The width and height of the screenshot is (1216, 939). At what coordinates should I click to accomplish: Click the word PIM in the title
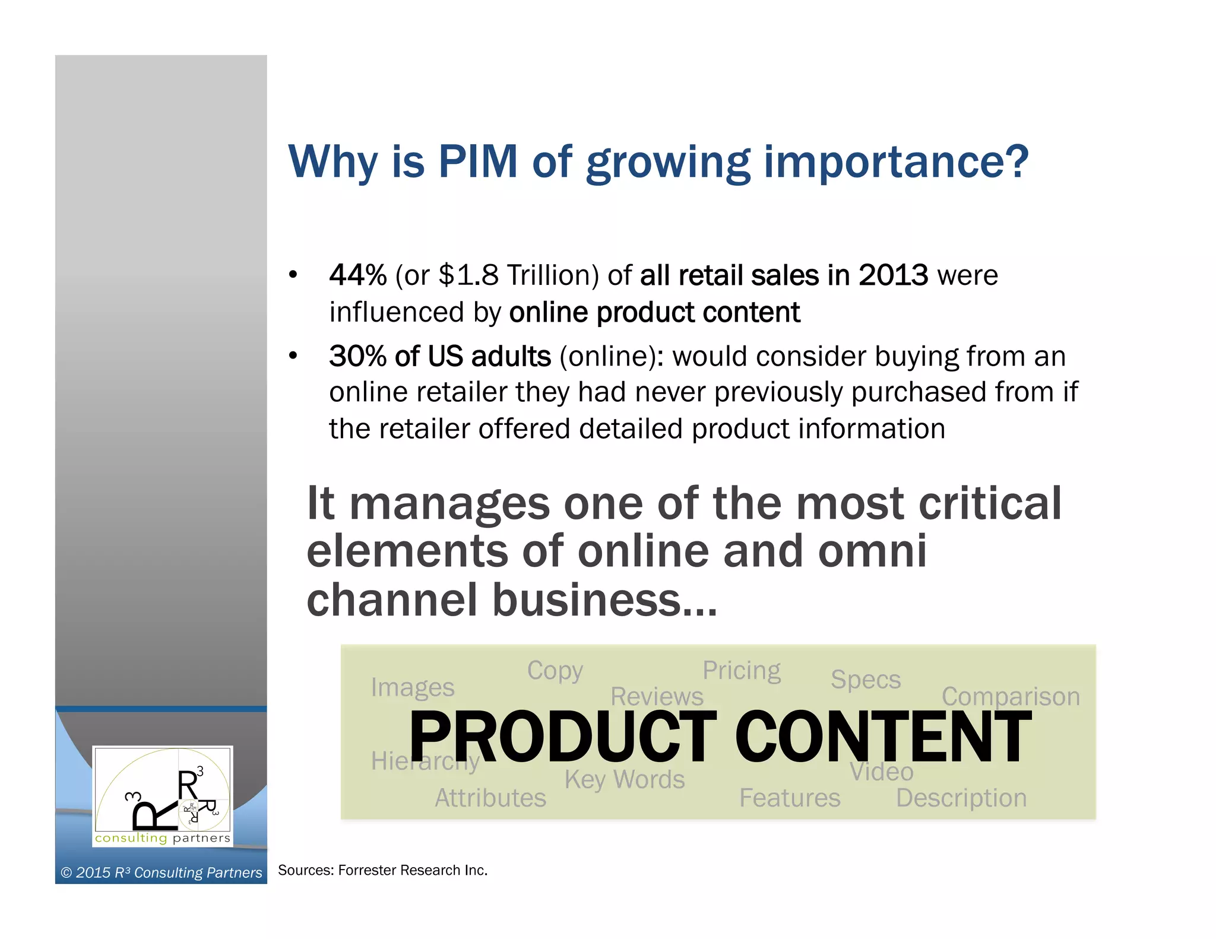[x=478, y=161]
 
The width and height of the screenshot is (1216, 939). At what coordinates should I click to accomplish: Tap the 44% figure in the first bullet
[x=358, y=275]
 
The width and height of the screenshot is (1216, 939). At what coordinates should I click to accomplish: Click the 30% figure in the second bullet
[x=358, y=356]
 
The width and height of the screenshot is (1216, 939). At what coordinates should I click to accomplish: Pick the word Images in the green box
[x=413, y=687]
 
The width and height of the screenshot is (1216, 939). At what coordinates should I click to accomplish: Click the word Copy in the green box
[x=555, y=671]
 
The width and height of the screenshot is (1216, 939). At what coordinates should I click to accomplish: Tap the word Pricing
[x=742, y=671]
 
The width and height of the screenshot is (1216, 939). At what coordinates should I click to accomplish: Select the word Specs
[x=866, y=680]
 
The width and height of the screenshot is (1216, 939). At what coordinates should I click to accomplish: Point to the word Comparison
[x=1011, y=696]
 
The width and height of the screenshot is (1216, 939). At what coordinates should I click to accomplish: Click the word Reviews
[x=657, y=696]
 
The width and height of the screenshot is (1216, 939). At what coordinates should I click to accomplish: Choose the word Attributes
[x=490, y=798]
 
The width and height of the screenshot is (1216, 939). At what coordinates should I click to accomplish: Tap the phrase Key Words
[x=625, y=779]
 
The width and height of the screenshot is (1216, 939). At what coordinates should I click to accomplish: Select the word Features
[x=790, y=798]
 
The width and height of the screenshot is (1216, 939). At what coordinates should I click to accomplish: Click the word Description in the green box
[x=961, y=798]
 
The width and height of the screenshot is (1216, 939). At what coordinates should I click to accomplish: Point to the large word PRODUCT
[x=563, y=737]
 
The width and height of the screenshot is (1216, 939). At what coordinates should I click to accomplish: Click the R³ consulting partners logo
[x=163, y=795]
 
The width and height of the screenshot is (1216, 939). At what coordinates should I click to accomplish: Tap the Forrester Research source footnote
[x=382, y=870]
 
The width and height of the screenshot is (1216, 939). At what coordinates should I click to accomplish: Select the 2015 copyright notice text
[x=161, y=873]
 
